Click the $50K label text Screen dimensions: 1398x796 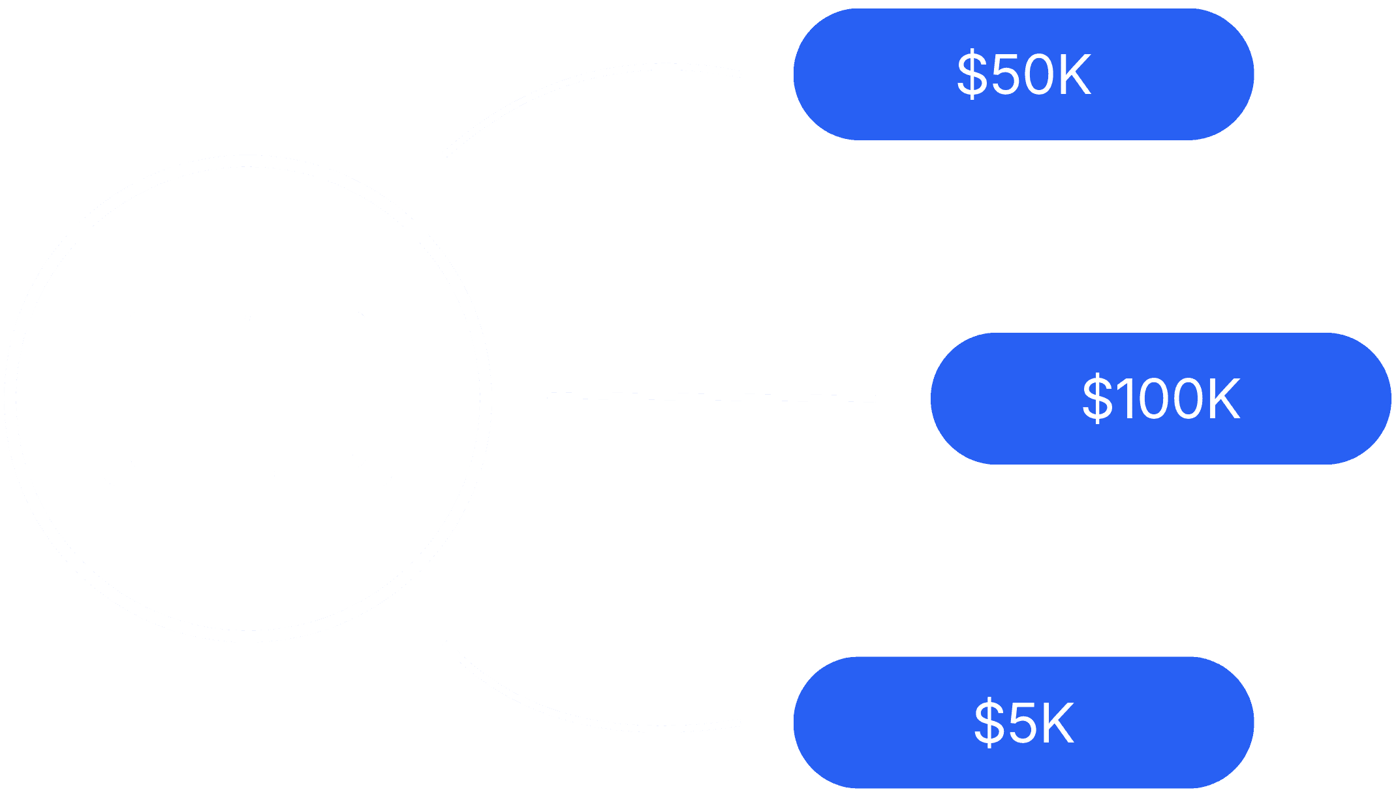[x=1023, y=74]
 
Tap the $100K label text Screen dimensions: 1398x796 [x=1160, y=398]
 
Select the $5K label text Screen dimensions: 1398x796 [x=1023, y=722]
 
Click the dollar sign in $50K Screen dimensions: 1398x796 [x=972, y=74]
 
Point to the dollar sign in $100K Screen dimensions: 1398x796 [x=1097, y=398]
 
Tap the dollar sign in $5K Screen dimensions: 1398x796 [x=989, y=722]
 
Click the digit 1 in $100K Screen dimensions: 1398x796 [x=1128, y=398]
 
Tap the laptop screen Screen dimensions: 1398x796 [x=247, y=390]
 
